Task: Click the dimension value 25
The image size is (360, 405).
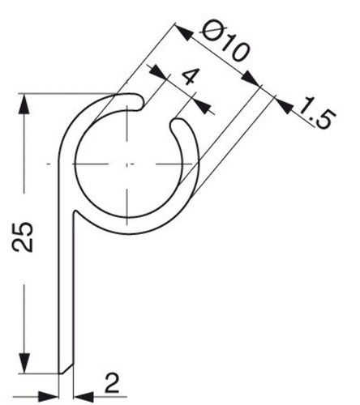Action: (23, 237)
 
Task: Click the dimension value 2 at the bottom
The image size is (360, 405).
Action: (112, 382)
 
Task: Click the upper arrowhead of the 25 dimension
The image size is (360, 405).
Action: (24, 104)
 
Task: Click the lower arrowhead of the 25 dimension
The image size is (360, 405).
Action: (24, 363)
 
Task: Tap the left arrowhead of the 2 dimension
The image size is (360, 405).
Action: (49, 397)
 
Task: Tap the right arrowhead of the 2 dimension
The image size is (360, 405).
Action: (84, 397)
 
